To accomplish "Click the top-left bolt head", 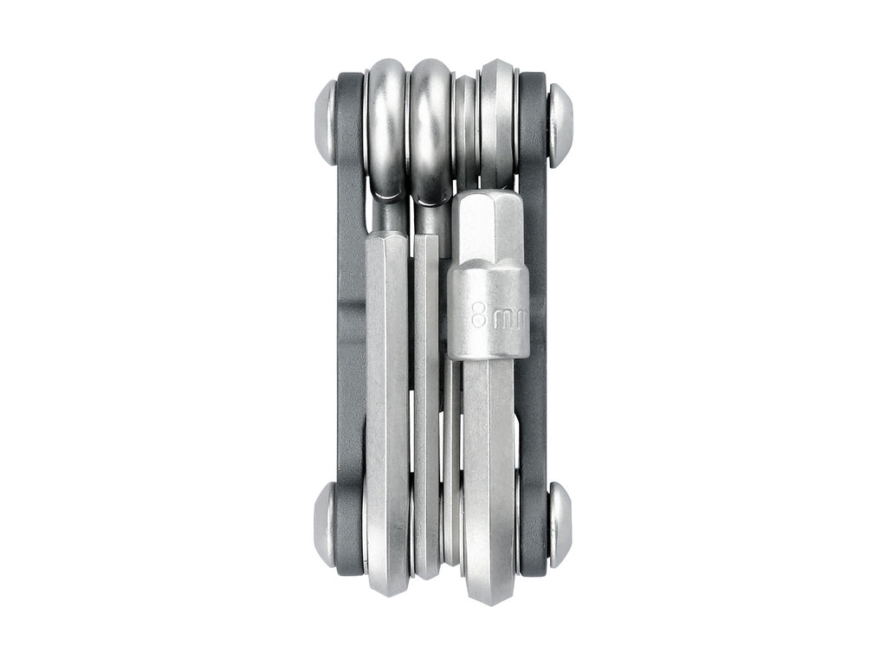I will coord(326,122).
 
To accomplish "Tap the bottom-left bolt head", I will coord(326,525).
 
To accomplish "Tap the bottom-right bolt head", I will coord(560,525).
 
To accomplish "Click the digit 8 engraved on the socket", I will coord(479,316).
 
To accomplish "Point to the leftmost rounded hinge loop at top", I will coord(386,121).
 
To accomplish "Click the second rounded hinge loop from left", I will coord(431,121).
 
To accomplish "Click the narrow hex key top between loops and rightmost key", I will coord(465,121).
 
